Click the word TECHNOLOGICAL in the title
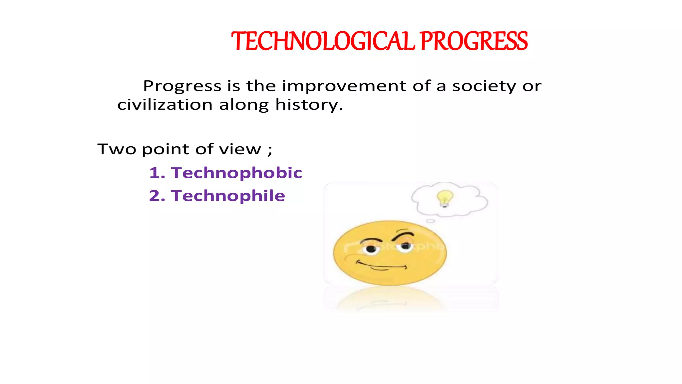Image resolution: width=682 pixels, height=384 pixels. [x=323, y=41]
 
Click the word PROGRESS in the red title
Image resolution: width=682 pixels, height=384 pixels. [x=474, y=41]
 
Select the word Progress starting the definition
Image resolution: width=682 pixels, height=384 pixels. [x=182, y=86]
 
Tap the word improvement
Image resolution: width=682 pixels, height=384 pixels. [x=344, y=86]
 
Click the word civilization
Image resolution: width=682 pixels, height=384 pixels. [x=165, y=105]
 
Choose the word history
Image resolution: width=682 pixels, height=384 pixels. [x=309, y=105]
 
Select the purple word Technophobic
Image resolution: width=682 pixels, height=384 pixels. [x=236, y=173]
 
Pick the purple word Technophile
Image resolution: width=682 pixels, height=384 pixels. [x=228, y=196]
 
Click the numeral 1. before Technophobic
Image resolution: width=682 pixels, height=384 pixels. [x=157, y=173]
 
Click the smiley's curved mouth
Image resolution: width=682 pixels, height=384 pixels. [x=381, y=266]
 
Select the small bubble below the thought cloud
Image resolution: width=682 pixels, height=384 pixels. [x=431, y=221]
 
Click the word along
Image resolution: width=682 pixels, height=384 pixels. [x=244, y=105]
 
